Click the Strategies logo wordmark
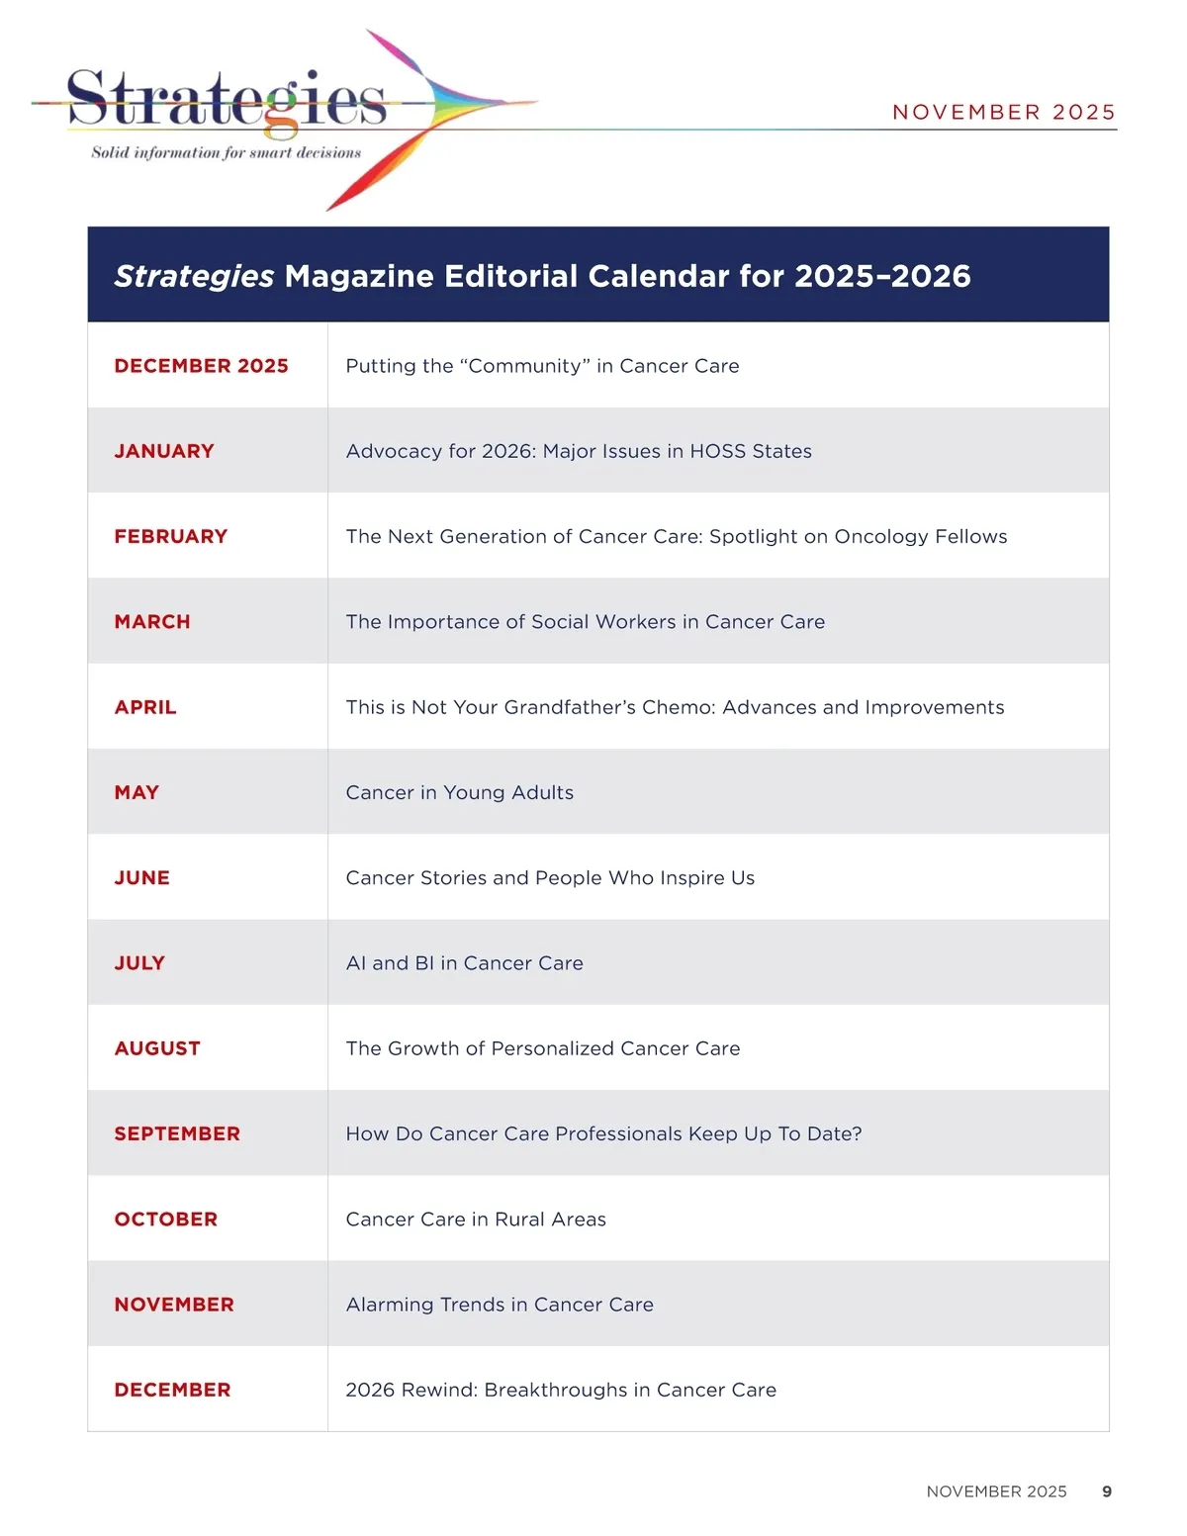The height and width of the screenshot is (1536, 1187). (227, 100)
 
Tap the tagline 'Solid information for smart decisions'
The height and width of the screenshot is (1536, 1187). (227, 152)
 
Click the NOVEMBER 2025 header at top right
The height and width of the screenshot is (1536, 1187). (1003, 112)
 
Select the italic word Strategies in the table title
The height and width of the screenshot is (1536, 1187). (194, 276)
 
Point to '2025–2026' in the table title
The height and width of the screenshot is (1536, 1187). (882, 276)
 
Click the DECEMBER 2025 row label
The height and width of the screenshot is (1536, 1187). (201, 366)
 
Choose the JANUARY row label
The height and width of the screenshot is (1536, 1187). (164, 451)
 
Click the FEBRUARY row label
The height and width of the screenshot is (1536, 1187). (171, 536)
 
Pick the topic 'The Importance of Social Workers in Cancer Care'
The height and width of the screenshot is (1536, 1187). (585, 622)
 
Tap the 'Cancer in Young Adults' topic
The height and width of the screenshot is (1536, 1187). (459, 792)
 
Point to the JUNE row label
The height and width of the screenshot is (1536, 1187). (141, 878)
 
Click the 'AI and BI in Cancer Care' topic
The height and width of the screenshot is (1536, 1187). (464, 963)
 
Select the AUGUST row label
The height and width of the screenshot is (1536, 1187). (157, 1048)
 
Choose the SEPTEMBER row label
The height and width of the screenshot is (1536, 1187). (177, 1133)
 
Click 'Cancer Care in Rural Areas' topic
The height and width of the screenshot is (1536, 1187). (476, 1220)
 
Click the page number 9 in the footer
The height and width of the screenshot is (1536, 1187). (1107, 1491)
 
